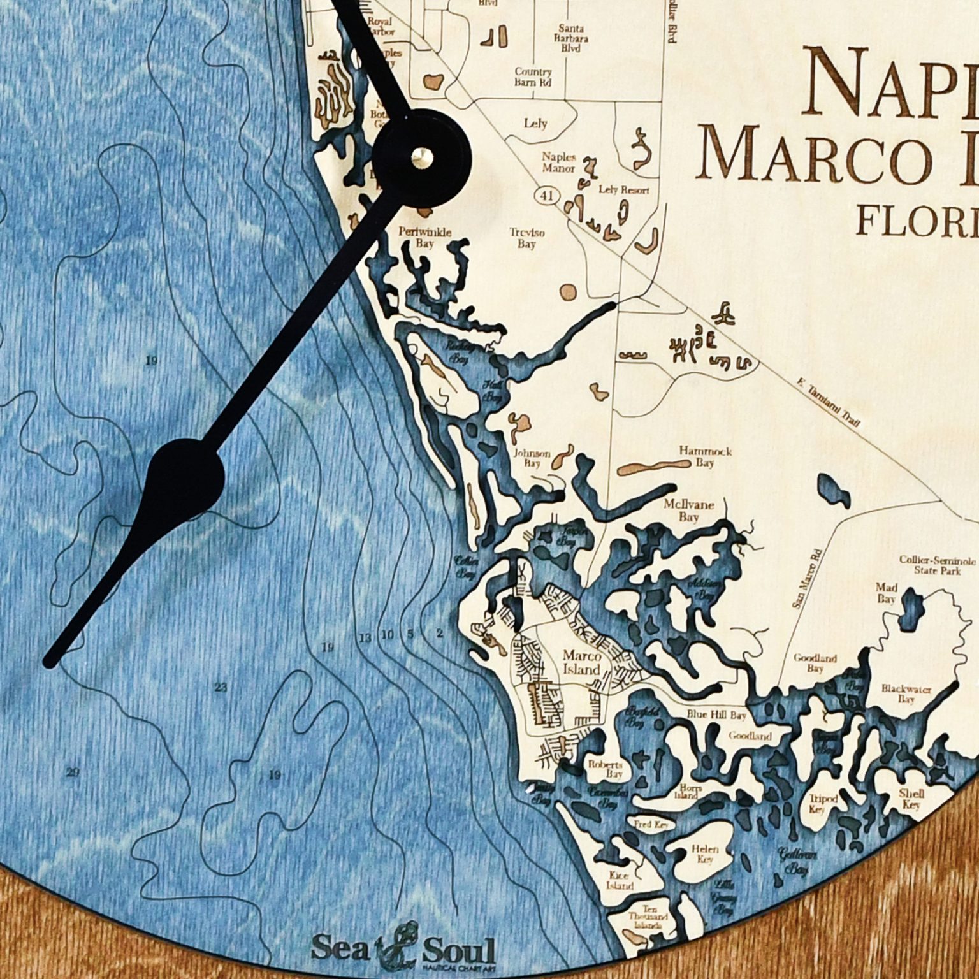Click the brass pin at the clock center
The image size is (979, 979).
(421, 157)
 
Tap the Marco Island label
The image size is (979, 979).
(581, 663)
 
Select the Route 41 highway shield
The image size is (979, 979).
(546, 196)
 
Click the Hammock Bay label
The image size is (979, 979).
(705, 457)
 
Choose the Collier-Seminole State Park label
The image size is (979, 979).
(937, 565)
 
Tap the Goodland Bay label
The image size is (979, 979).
(815, 664)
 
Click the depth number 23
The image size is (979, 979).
(221, 688)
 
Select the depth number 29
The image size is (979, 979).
(72, 773)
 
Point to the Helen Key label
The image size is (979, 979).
(704, 854)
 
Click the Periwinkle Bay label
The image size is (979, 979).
(424, 237)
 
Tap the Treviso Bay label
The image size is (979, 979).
(526, 238)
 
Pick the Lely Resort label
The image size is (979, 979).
(624, 190)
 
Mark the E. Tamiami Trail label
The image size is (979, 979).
(829, 403)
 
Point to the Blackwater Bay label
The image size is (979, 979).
(906, 694)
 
